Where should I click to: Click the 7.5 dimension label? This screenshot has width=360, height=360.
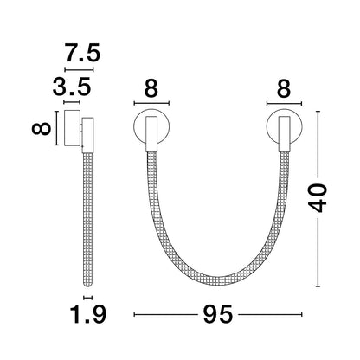83,53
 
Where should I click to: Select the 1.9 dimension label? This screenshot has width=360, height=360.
88,314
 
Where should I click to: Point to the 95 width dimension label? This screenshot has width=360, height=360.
218,314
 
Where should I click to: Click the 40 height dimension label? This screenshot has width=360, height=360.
318,197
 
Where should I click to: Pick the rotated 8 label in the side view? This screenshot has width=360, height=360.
42,128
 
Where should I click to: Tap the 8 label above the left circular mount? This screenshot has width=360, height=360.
151,88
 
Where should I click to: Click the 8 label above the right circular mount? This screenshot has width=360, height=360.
284,88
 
